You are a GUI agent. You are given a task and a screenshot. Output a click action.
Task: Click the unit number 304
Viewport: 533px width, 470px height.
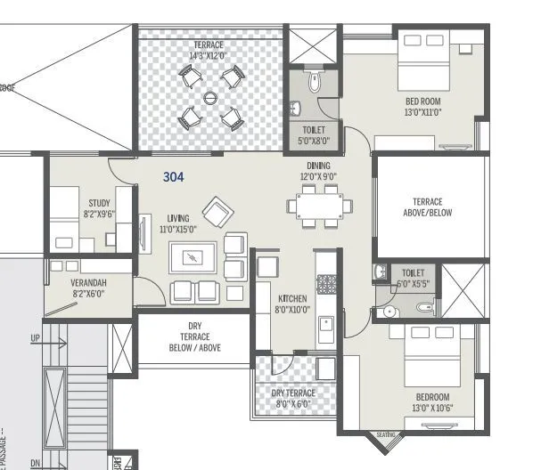[173, 177]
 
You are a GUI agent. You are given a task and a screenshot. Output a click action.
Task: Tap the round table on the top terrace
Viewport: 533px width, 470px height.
[211, 98]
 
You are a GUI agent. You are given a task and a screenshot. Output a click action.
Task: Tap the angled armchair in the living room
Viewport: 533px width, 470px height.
[217, 213]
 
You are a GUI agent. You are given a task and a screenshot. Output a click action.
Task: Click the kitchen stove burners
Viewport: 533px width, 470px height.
[327, 284]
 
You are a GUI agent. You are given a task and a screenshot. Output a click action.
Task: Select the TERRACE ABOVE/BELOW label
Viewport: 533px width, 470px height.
[421, 207]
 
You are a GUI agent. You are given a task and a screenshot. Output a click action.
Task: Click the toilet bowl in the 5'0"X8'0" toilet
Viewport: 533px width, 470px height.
[313, 84]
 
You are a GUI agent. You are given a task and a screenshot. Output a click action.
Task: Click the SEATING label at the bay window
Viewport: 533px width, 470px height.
[386, 434]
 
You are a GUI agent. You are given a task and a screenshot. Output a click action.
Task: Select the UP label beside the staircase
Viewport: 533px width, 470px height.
[36, 338]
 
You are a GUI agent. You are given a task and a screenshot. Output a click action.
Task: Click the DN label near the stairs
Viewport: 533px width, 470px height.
[35, 463]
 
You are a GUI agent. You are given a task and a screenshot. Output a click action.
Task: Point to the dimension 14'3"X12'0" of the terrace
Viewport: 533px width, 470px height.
[207, 56]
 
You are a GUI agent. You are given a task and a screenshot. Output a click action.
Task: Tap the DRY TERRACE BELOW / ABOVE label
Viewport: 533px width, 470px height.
[194, 336]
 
